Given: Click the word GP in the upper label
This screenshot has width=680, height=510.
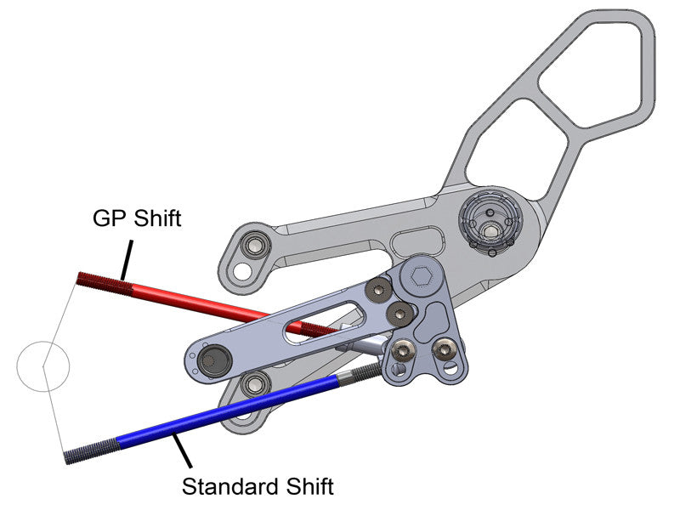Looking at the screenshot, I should pos(110,218).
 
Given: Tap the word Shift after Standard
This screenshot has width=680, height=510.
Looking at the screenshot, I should pos(308,487).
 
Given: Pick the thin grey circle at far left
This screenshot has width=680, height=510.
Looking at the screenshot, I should pos(43,366).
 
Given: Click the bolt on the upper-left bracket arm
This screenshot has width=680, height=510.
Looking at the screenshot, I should pos(252,247).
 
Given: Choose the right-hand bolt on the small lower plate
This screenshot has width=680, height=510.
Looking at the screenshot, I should pos(444,349).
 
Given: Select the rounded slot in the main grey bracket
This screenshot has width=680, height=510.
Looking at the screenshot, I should pos(419,241).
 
